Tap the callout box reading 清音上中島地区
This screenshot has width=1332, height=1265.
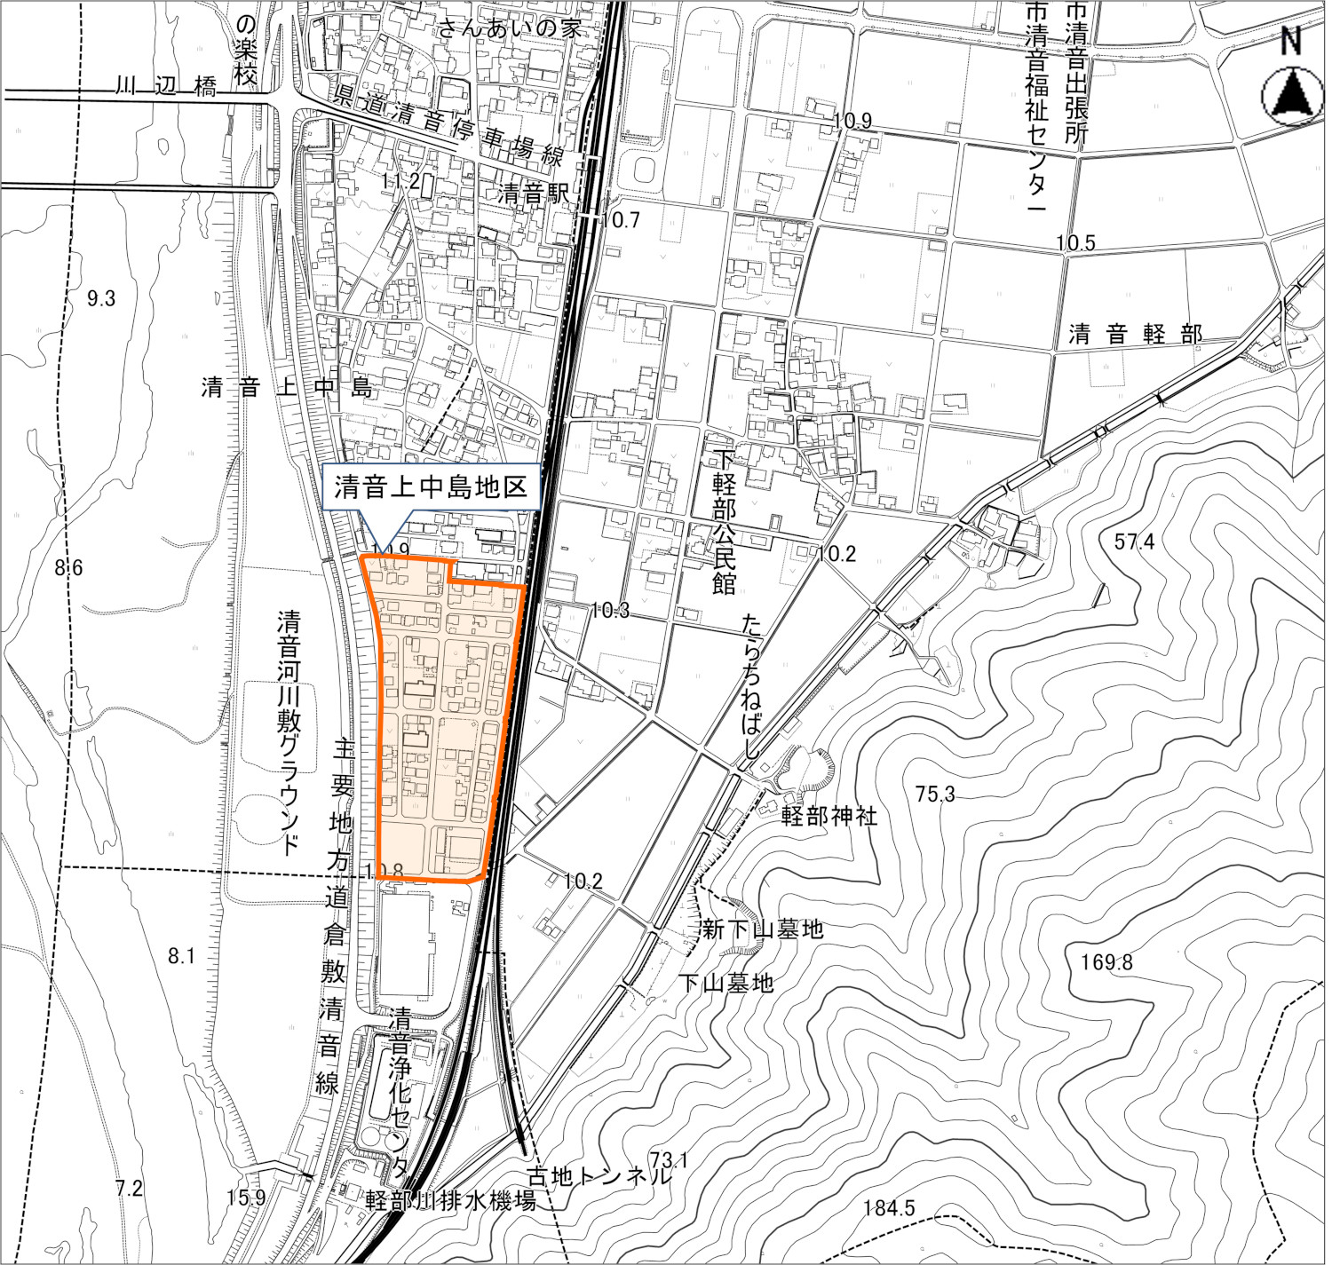coord(431,486)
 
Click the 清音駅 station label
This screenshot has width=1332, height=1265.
coord(533,193)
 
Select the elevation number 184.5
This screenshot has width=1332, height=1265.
coord(889,1207)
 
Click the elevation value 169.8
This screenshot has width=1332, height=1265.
coord(1107,961)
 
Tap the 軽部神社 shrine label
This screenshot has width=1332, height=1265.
coord(829,816)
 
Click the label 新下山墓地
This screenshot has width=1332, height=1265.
coord(763,929)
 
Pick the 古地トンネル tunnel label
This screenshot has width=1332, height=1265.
coord(600,1177)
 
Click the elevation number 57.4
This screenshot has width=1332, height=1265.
coord(1135,541)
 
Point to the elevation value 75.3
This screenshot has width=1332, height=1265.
coord(935,794)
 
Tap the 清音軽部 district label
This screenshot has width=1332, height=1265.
coord(1135,335)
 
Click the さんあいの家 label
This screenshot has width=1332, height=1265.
coord(511,28)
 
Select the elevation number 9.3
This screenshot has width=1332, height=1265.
coord(101,298)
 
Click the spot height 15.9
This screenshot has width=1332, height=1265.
coord(246,1198)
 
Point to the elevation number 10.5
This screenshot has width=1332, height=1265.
coord(1076,242)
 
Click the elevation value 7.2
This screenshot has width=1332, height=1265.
coord(129,1188)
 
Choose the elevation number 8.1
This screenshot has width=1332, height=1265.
coord(180,955)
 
